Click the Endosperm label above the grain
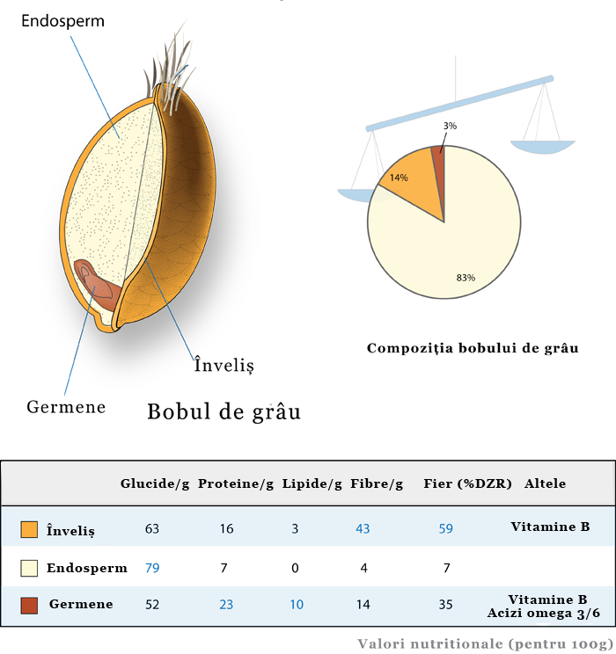tap(62, 21)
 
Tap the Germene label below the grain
tap(66, 407)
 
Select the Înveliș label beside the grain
tap(224, 365)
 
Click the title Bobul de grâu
tap(224, 411)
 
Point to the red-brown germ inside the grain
tap(97, 286)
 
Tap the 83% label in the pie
tap(466, 278)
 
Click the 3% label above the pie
tap(450, 126)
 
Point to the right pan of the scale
tap(543, 147)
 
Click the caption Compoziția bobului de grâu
tap(473, 348)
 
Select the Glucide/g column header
tap(155, 483)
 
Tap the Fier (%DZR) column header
tap(468, 483)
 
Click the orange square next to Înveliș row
tap(29, 529)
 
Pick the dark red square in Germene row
tap(29, 605)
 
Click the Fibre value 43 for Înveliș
tap(363, 529)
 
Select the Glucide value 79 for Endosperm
tap(152, 568)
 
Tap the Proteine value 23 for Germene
tap(226, 605)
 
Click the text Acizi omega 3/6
tap(544, 613)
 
